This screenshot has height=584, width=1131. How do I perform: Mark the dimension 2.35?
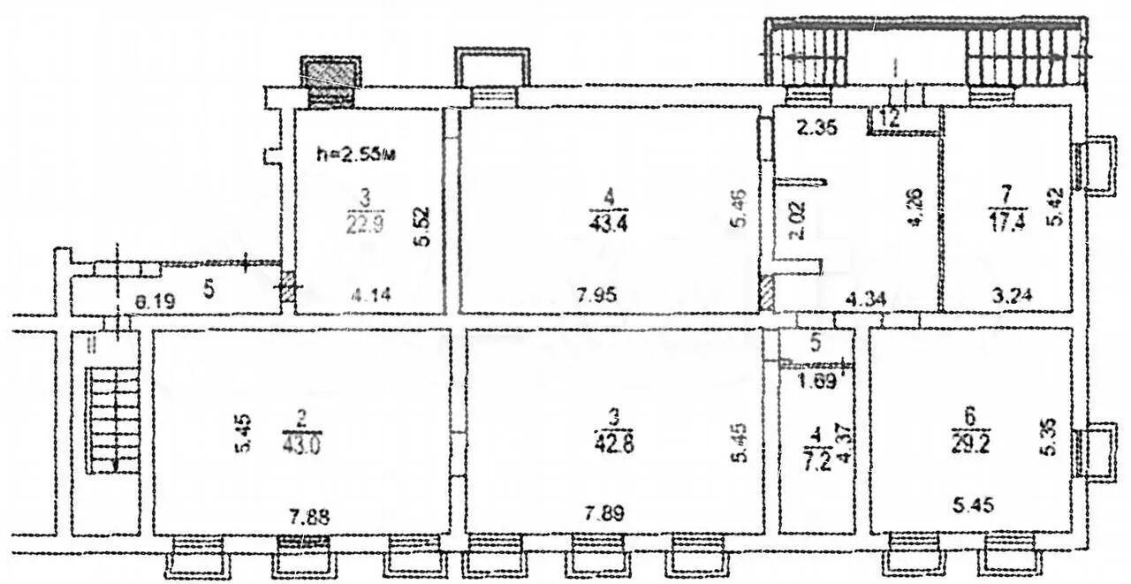(814, 127)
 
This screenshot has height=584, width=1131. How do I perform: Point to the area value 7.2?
(815, 461)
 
